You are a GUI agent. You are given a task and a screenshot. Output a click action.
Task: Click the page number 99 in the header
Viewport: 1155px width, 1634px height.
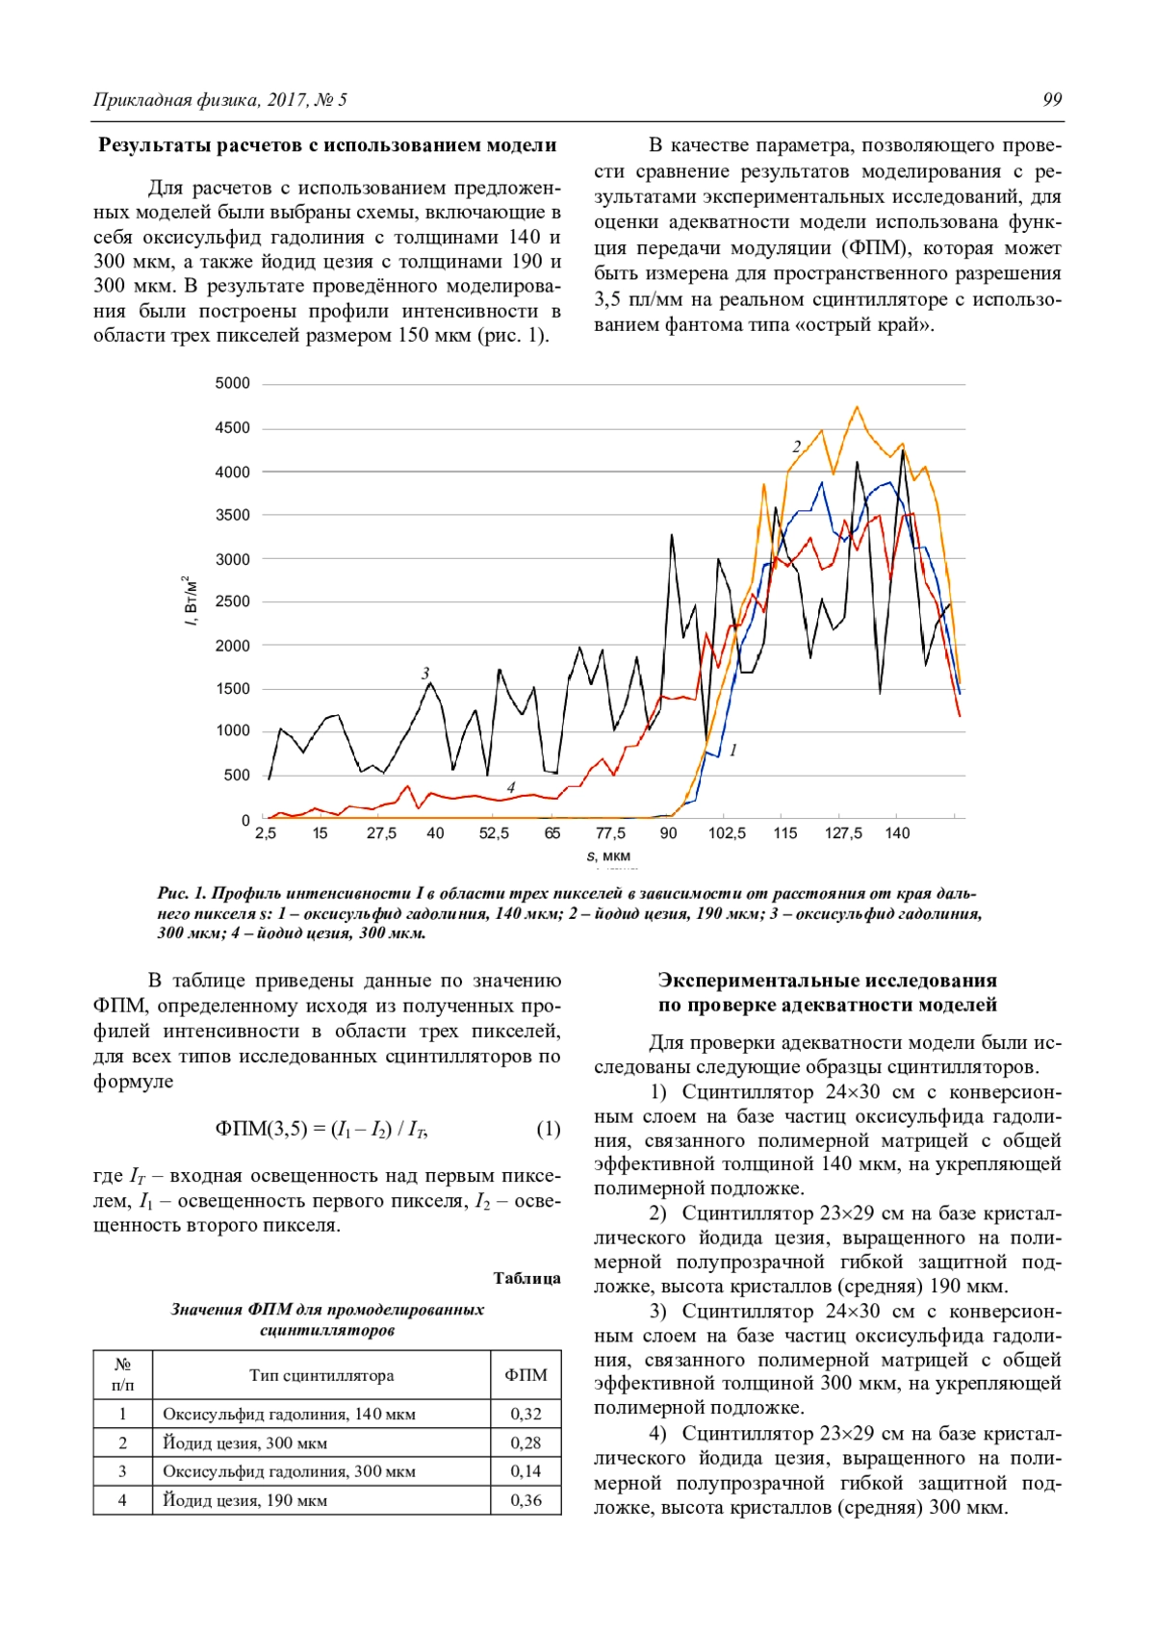(x=1052, y=100)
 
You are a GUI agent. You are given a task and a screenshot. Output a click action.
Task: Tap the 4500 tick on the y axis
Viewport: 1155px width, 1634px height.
(x=233, y=428)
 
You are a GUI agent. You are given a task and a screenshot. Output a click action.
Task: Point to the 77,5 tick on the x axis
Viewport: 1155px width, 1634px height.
(x=610, y=833)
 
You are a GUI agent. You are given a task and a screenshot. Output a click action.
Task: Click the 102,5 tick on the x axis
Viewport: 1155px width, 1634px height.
(x=727, y=833)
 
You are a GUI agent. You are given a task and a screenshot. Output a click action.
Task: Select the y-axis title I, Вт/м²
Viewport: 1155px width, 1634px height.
(x=191, y=600)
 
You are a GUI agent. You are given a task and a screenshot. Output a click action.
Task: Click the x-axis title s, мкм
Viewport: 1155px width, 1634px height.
(x=608, y=856)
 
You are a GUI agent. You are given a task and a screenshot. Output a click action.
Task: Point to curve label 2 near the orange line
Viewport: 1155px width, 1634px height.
(x=796, y=447)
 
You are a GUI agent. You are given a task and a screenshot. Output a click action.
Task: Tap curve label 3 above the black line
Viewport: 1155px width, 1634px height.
(x=425, y=674)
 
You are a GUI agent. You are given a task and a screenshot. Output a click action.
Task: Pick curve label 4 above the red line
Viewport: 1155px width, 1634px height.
(x=511, y=788)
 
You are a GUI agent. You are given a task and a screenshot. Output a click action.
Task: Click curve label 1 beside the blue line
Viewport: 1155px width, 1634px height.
(x=733, y=750)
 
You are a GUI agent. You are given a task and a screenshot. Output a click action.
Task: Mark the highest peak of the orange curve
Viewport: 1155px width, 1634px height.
(x=857, y=407)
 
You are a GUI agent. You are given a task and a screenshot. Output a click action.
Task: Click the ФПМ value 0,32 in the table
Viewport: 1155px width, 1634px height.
(x=526, y=1414)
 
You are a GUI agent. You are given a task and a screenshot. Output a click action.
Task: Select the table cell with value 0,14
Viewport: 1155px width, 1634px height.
(x=526, y=1471)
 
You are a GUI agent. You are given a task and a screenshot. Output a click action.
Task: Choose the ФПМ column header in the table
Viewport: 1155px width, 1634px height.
(x=526, y=1375)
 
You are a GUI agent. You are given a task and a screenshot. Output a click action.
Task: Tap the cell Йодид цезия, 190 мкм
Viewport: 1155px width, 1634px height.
(x=245, y=1500)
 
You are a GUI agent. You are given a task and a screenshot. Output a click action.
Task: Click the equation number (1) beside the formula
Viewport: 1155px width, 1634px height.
(x=548, y=1129)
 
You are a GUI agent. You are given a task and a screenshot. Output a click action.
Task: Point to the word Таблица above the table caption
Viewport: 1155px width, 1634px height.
(x=526, y=1278)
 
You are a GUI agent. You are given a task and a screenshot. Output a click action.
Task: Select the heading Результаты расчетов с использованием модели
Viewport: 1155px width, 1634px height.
(x=327, y=145)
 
